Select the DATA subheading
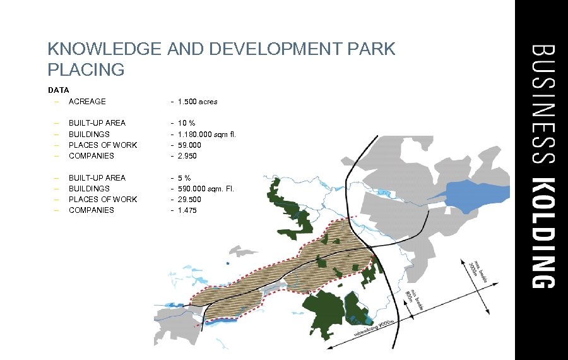(58, 90)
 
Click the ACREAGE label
(87, 101)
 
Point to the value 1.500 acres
(198, 101)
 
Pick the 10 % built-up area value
(186, 123)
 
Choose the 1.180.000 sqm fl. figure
(207, 134)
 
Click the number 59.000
(191, 145)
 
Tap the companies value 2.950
(188, 155)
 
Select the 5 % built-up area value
(184, 177)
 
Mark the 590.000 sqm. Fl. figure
(206, 188)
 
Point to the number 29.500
(191, 199)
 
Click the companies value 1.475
(188, 210)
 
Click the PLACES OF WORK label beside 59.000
(103, 145)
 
